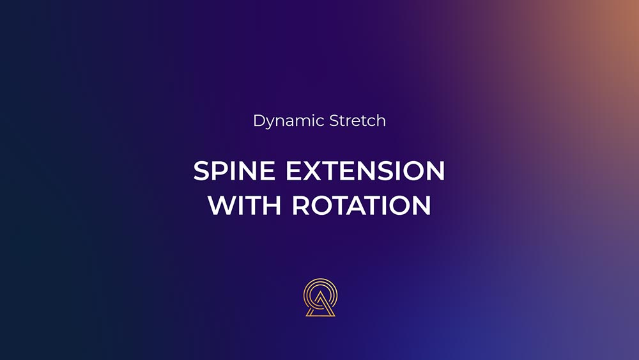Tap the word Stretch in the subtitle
357,121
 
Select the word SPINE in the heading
234,171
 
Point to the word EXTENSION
365,171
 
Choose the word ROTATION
362,205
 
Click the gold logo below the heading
320,297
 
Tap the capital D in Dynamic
259,121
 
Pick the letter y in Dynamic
272,123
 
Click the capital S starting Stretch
334,121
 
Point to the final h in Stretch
381,120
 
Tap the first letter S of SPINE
201,171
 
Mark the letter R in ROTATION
300,205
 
